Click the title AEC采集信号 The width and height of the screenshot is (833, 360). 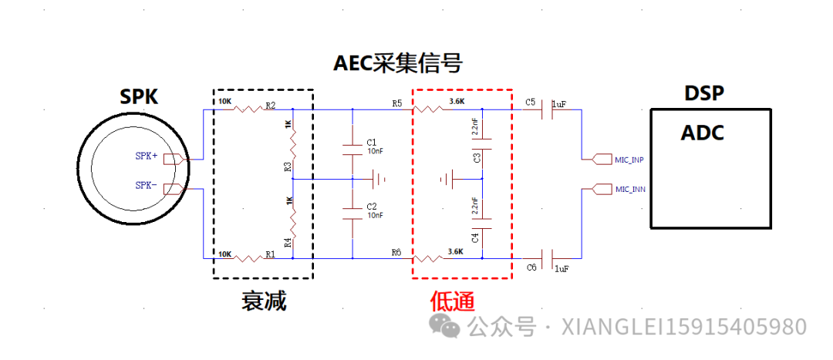398,62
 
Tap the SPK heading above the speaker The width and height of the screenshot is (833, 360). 139,96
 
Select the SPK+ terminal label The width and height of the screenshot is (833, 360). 147,156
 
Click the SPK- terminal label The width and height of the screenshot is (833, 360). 147,186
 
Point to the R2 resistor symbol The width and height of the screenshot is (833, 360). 248,109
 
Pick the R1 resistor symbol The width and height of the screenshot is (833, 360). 248,257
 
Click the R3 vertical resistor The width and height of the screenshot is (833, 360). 293,143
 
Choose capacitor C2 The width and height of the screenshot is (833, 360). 352,214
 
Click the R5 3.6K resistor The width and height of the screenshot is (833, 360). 430,109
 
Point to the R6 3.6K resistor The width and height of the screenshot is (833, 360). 430,257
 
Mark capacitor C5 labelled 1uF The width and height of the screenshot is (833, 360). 547,109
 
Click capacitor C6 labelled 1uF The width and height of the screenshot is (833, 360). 547,257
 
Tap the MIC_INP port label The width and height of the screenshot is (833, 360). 629,160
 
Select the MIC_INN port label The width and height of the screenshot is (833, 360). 629,189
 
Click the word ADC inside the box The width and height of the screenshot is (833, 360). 702,133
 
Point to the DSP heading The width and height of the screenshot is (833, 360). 704,94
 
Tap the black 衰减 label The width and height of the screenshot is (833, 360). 264,301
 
